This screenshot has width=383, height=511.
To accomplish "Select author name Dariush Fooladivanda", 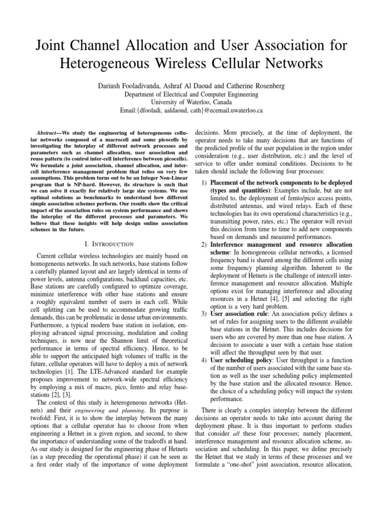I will [x=131, y=86].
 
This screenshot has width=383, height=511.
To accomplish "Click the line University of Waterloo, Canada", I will [x=191, y=102].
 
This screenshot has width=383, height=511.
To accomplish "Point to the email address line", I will [x=191, y=110].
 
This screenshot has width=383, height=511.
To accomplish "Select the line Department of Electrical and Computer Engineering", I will [x=191, y=94].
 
